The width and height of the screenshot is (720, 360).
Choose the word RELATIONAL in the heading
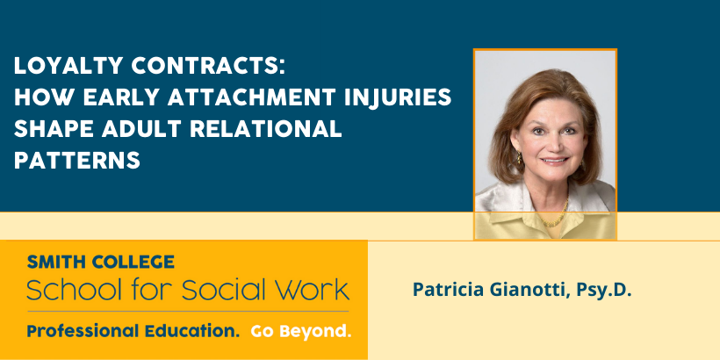coord(266,129)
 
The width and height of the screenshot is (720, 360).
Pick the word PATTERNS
coord(77,161)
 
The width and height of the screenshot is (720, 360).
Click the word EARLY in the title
coord(121,97)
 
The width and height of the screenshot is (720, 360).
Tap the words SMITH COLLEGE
coord(101,262)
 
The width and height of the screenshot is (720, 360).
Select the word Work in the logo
coord(313,289)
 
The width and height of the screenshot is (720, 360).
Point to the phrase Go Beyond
coord(301,331)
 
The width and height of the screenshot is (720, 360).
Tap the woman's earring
coord(519,159)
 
